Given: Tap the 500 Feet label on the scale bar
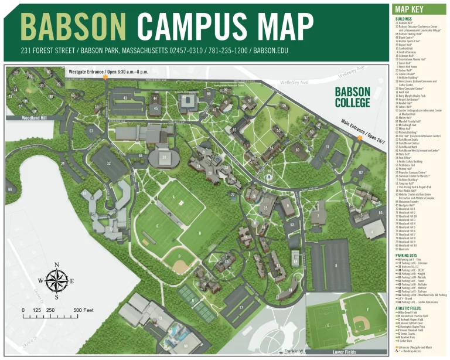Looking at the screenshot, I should click(x=83, y=310).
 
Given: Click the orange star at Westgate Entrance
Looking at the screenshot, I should click(x=105, y=77).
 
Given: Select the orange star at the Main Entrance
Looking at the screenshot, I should click(x=359, y=138).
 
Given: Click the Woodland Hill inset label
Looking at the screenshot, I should click(x=22, y=117).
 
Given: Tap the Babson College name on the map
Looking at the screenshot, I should click(x=352, y=97).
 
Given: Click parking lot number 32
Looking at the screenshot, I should click(x=109, y=163).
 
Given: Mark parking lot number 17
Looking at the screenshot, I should click(x=241, y=307).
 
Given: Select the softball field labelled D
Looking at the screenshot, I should click(x=180, y=257).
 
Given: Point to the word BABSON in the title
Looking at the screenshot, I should click(x=74, y=26).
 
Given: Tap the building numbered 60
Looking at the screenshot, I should click(x=298, y=150).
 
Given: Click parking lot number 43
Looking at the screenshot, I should click(x=125, y=98).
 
